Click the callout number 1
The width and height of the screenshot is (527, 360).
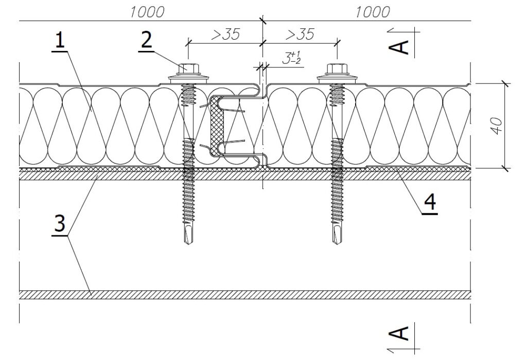60,41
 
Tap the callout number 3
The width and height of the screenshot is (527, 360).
60,222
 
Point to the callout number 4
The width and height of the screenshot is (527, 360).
430,201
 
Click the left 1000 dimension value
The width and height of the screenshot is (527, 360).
147,12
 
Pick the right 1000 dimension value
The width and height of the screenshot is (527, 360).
373,12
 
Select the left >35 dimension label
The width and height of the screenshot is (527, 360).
225,35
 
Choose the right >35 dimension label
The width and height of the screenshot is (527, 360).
300,35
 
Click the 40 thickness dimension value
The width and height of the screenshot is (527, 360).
498,126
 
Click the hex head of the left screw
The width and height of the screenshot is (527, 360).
188,68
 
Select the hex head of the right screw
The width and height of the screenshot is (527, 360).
337,68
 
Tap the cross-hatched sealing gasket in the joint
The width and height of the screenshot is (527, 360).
216,126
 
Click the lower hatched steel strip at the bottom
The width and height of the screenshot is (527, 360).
244,295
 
